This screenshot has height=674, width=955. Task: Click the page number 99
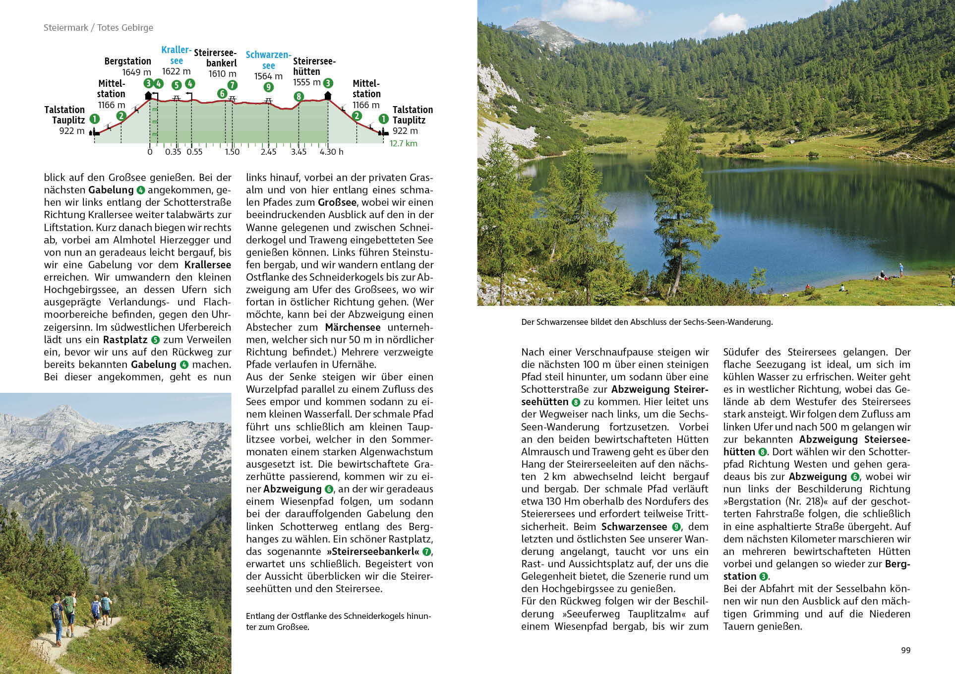click(905, 650)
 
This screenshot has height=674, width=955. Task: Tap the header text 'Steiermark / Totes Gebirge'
click(98, 28)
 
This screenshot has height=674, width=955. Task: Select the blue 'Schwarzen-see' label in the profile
click(268, 60)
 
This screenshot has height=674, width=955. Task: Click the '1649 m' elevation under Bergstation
click(136, 72)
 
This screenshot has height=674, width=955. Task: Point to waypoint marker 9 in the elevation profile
click(268, 87)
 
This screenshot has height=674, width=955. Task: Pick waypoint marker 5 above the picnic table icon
click(177, 85)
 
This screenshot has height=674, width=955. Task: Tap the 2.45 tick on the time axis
click(268, 152)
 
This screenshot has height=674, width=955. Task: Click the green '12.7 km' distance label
click(403, 143)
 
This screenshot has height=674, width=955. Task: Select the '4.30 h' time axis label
click(331, 152)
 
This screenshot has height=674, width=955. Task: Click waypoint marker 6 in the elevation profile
click(222, 93)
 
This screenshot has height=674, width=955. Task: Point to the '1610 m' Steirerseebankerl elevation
click(222, 74)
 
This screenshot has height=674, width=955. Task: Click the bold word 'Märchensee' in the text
click(353, 327)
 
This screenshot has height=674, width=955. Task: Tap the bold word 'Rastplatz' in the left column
click(125, 340)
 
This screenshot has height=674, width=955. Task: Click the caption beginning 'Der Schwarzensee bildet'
click(647, 322)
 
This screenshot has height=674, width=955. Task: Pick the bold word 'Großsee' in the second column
click(337, 202)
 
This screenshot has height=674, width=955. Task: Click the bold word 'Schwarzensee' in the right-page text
click(634, 527)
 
